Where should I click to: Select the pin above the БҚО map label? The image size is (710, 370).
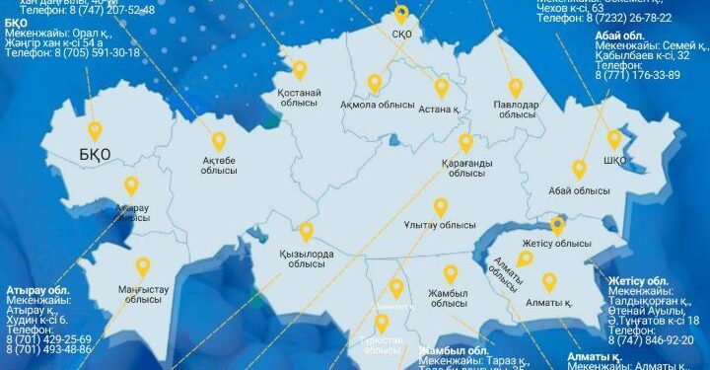pos(95,129)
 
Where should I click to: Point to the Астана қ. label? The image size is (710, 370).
pos(440,110)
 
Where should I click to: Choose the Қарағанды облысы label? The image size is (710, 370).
pos(466,167)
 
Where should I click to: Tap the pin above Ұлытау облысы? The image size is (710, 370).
pos(441,207)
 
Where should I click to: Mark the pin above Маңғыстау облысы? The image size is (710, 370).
pos(142,267)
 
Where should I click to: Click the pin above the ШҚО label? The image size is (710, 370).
pos(614,139)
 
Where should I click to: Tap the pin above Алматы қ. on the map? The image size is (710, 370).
pos(549,283)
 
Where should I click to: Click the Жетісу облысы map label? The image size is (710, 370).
pos(558,244)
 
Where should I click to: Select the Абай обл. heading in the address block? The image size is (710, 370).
pos(619,37)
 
